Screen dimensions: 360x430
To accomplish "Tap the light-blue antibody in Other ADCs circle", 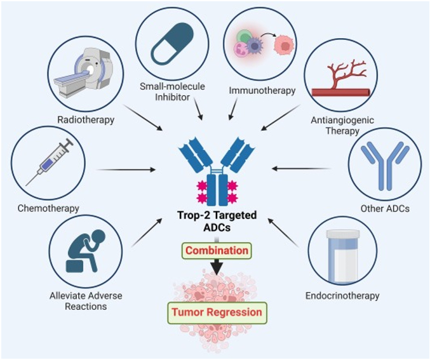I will pos(385,166).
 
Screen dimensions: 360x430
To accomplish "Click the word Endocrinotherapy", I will pos(351,296).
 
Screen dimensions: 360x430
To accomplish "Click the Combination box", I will pos(217,251).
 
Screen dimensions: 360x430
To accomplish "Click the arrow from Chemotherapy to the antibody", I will pos(127,170).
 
